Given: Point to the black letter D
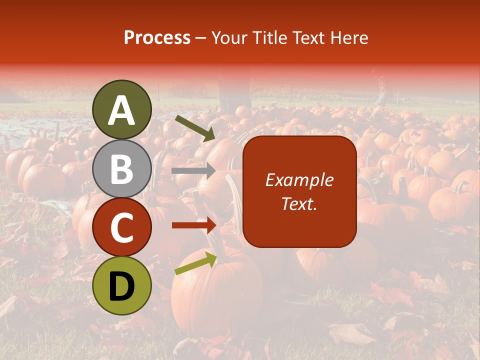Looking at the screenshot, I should (122, 287).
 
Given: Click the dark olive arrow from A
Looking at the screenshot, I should (195, 127).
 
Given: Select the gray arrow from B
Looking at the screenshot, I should (193, 171).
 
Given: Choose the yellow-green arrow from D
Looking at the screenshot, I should (195, 263).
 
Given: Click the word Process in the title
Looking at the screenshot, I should (157, 38).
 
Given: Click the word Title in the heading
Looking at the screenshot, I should (268, 38).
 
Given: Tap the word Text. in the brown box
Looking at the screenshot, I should (299, 204).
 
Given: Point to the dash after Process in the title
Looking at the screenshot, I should (201, 38).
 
